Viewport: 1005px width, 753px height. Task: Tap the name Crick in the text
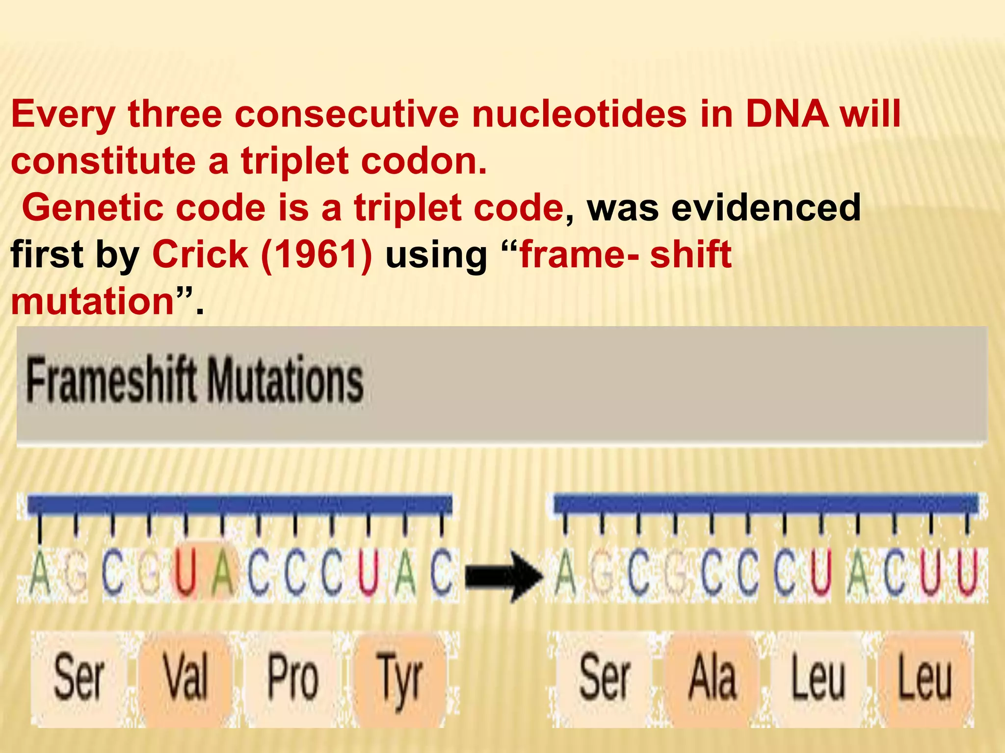pyautogui.click(x=200, y=254)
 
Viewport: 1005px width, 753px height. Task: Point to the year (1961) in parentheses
pyautogui.click(x=317, y=254)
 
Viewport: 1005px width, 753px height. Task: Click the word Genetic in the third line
pyautogui.click(x=93, y=208)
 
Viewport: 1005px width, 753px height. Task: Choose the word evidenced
pyautogui.click(x=766, y=208)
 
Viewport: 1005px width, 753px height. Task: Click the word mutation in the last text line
pyautogui.click(x=93, y=301)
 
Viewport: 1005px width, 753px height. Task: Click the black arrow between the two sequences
pyautogui.click(x=503, y=576)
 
